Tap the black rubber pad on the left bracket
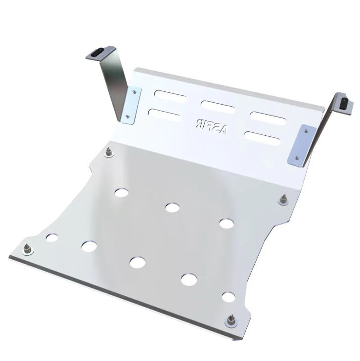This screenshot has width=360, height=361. point(98,51)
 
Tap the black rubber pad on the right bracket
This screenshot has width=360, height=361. point(344,102)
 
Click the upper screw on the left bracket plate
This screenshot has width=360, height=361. point(134,91)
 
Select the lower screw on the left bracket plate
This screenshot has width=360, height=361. point(128,117)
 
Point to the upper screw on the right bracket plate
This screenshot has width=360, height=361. point(306,131)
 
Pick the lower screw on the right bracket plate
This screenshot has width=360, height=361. point(297,158)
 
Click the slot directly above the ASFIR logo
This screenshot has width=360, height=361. point(218,106)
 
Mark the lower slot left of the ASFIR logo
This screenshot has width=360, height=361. point(165,116)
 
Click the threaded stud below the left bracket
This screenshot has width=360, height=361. point(109,152)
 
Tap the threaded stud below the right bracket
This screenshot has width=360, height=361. point(283,199)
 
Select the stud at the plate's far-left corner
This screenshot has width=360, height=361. point(28,249)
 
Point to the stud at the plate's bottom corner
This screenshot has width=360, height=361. point(230,321)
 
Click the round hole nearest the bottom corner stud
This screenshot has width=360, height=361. point(228,297)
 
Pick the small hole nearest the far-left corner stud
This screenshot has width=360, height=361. point(51,238)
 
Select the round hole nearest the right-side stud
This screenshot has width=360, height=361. point(226,223)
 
